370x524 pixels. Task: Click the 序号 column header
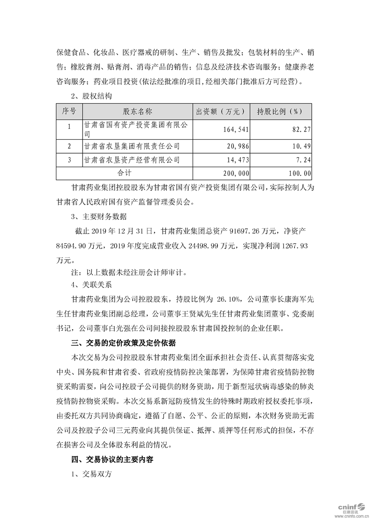click(x=69, y=112)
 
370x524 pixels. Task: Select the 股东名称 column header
click(x=138, y=112)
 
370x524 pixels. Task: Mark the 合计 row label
click(x=124, y=173)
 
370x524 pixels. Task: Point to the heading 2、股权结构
click(x=91, y=97)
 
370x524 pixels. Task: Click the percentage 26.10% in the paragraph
click(x=229, y=297)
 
